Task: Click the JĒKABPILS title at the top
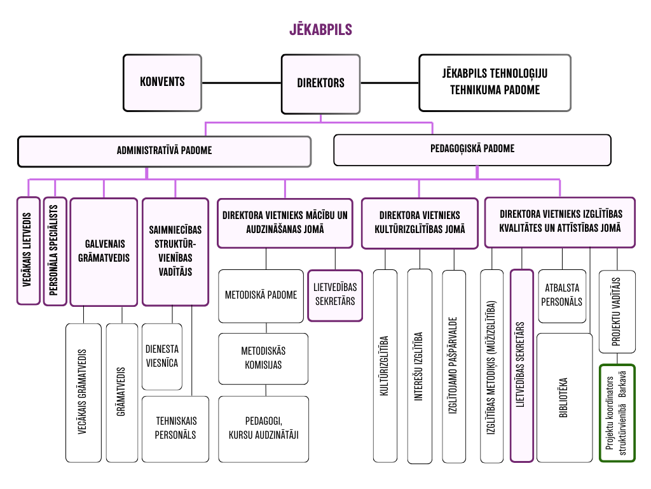pyautogui.click(x=321, y=30)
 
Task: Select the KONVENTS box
pyautogui.click(x=162, y=82)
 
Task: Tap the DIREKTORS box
pyautogui.click(x=320, y=82)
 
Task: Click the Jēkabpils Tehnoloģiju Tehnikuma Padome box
pyautogui.click(x=495, y=82)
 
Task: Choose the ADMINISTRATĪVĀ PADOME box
pyautogui.click(x=164, y=151)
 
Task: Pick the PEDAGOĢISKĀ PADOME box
pyautogui.click(x=472, y=149)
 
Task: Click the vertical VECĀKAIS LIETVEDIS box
pyautogui.click(x=28, y=251)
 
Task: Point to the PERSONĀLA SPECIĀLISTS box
pyautogui.click(x=55, y=251)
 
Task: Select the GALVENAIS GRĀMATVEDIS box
pyautogui.click(x=104, y=252)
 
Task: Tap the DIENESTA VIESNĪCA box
pyautogui.click(x=162, y=357)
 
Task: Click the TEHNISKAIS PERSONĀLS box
pyautogui.click(x=175, y=429)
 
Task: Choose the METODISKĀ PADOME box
pyautogui.click(x=261, y=295)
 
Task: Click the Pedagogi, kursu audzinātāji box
pyautogui.click(x=263, y=428)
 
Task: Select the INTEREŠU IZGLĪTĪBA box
pyautogui.click(x=419, y=366)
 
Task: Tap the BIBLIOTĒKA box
pyautogui.click(x=564, y=397)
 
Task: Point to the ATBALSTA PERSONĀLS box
pyautogui.click(x=561, y=296)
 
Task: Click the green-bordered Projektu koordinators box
pyautogui.click(x=617, y=413)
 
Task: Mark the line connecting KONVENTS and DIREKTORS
pyautogui.click(x=242, y=82)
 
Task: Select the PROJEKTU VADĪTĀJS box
pyautogui.click(x=617, y=311)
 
